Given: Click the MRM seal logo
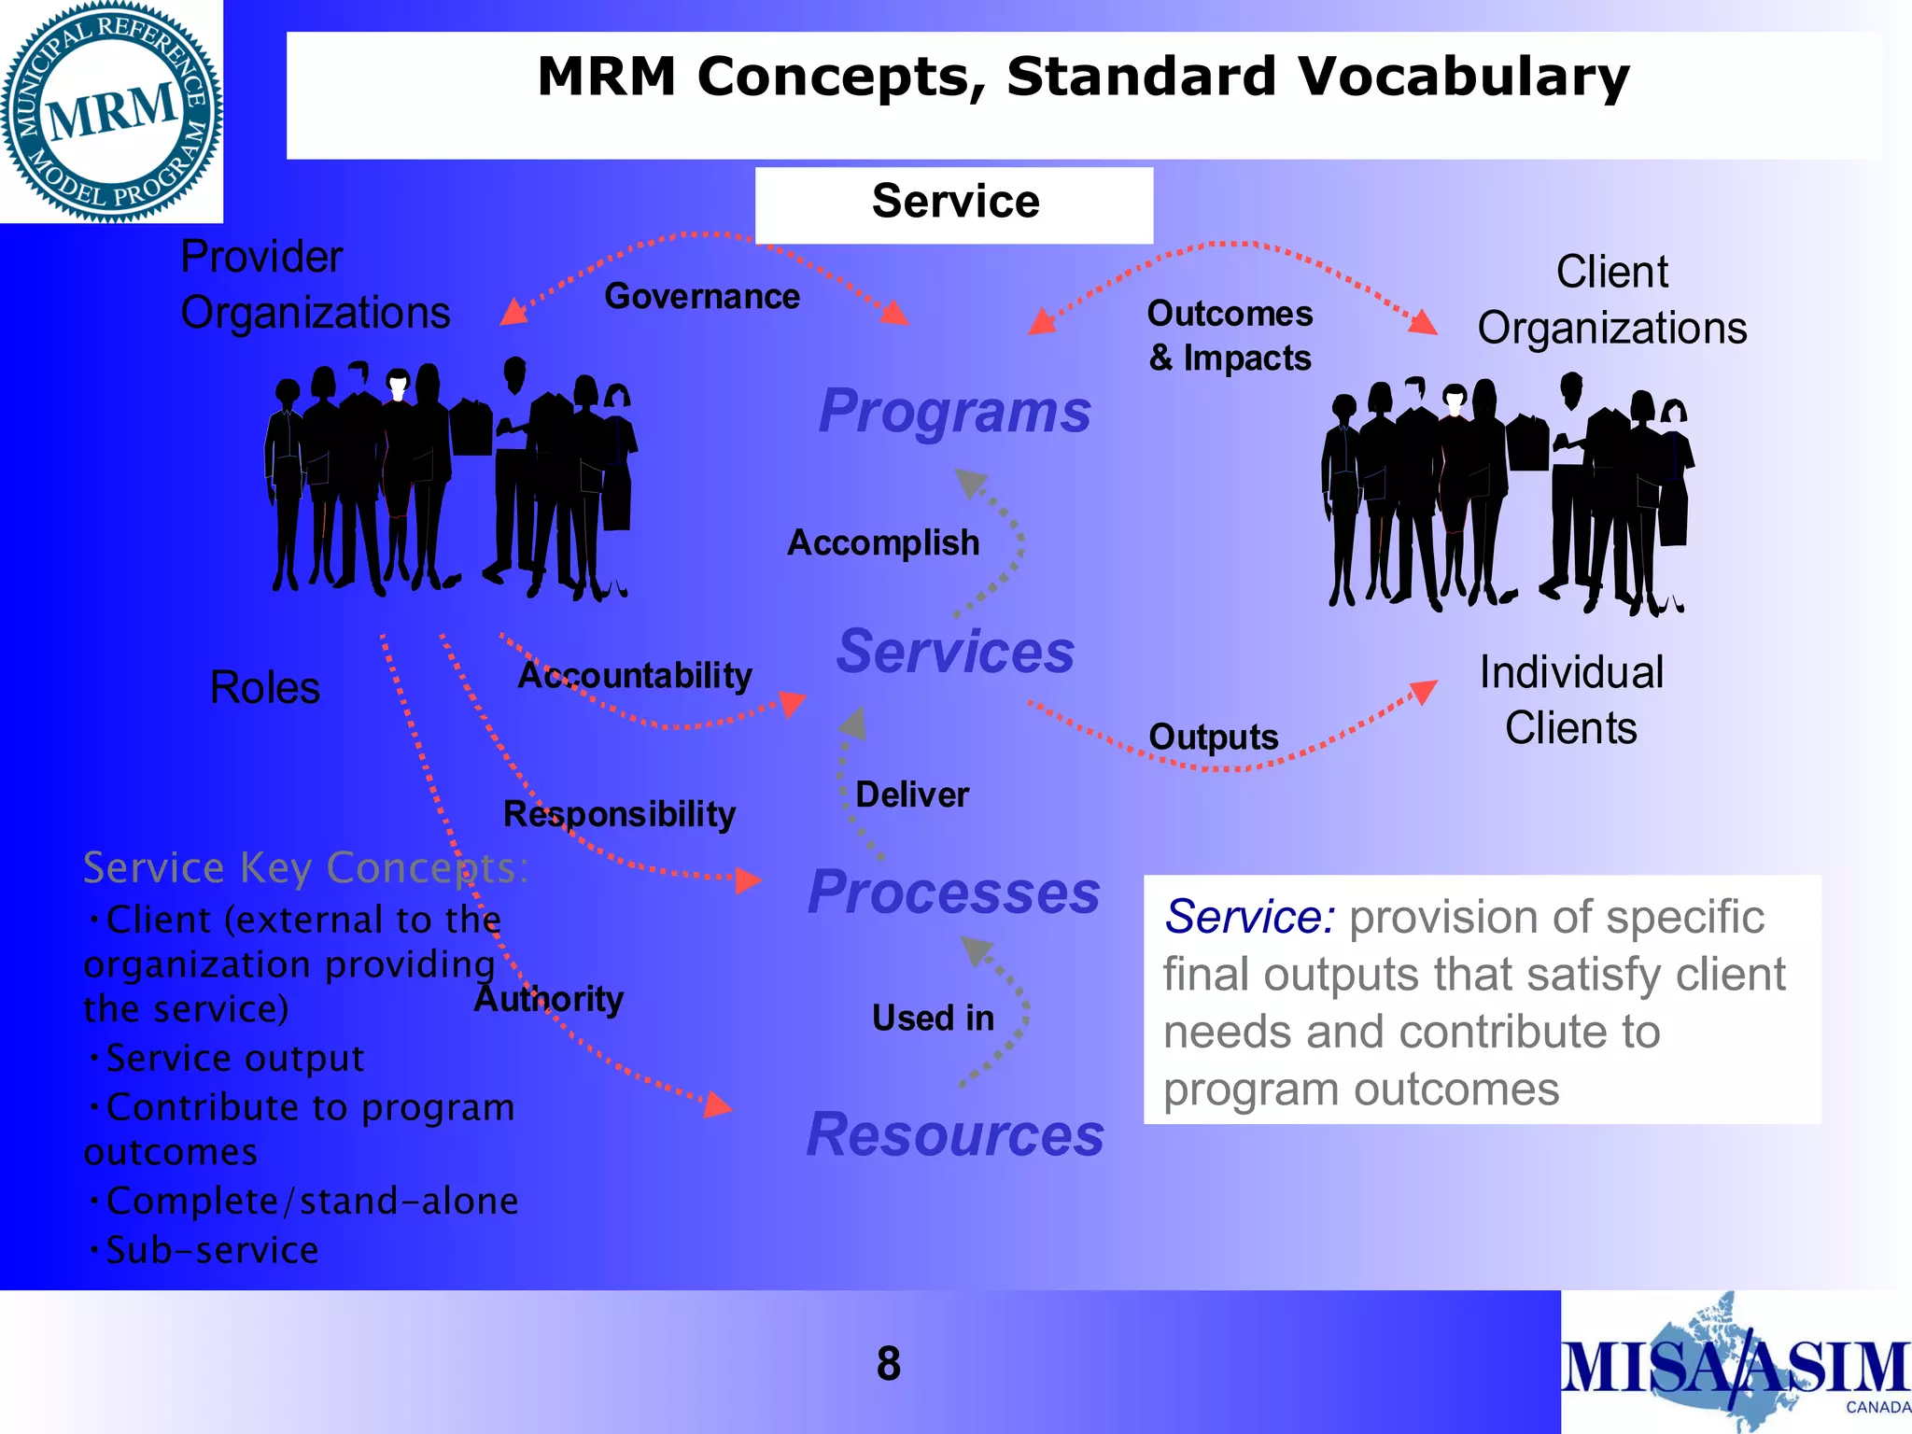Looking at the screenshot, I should [x=111, y=111].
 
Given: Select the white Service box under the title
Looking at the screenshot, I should [x=954, y=204].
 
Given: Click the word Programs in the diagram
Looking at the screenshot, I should [x=954, y=412].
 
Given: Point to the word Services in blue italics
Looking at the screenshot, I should [x=955, y=652].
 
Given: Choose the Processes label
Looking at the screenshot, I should [x=954, y=893].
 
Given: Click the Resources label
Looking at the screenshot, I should [x=955, y=1135].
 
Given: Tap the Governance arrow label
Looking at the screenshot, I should [x=702, y=297].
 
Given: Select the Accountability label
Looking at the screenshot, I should [x=635, y=675].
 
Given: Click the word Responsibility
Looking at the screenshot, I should [x=619, y=814].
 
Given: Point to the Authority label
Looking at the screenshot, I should [x=549, y=999].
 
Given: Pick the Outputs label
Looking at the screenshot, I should [x=1213, y=737].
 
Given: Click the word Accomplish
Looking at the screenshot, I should [x=883, y=542].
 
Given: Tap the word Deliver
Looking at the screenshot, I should [x=912, y=794].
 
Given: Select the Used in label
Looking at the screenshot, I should [x=933, y=1018].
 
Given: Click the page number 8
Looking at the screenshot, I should [x=888, y=1364].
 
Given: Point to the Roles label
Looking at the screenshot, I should [x=265, y=688].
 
